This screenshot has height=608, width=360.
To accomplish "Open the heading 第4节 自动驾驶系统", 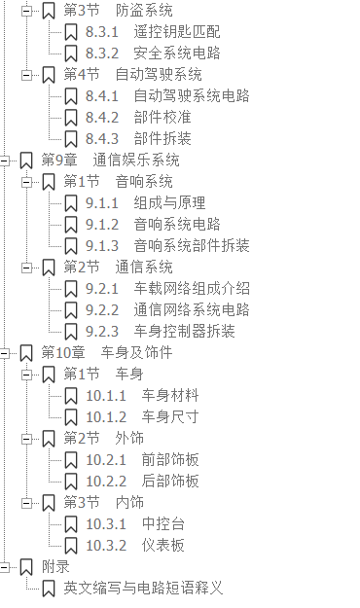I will [x=132, y=75].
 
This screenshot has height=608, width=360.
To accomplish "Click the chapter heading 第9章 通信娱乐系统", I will [x=110, y=161].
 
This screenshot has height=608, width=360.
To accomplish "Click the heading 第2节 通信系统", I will [x=118, y=267].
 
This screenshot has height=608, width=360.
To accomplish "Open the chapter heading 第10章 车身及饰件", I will [x=106, y=352].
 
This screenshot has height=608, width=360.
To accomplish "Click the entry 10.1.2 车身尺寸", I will [x=142, y=416].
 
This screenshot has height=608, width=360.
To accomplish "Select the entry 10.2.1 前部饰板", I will [x=142, y=459].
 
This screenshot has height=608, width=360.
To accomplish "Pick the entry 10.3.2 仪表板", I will [x=135, y=545].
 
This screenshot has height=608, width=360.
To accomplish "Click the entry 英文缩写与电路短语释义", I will [x=143, y=588].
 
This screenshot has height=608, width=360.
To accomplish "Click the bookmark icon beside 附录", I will [x=26, y=566].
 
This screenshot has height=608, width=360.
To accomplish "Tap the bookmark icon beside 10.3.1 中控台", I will [x=71, y=523].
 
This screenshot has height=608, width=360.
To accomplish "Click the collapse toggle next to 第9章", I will [x=7, y=161].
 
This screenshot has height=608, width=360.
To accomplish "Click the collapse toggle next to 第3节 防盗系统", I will [x=29, y=11].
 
